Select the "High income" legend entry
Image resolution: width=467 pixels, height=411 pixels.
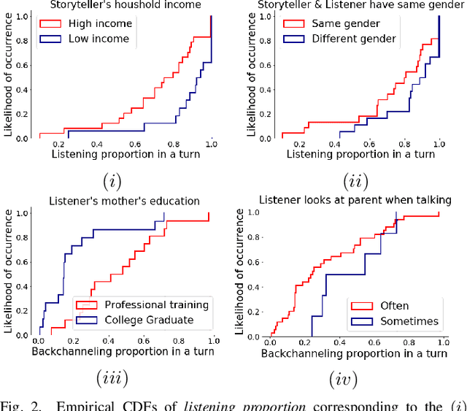tap(90, 23)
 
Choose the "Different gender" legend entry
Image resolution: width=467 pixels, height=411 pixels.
tap(343, 38)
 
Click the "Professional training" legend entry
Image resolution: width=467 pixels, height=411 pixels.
tap(142, 304)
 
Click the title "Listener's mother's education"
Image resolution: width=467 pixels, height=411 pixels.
tap(123, 201)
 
